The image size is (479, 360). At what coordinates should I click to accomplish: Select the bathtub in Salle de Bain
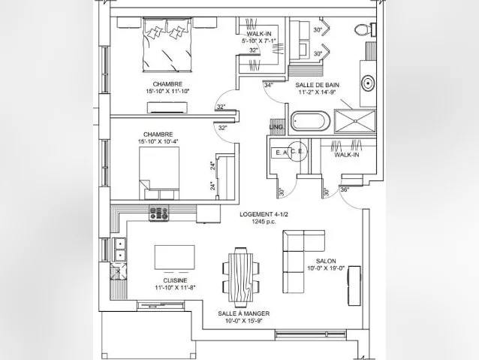(x=310, y=121)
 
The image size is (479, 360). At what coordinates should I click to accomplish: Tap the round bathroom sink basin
(x=368, y=83)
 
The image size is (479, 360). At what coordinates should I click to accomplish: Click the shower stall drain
(x=355, y=121)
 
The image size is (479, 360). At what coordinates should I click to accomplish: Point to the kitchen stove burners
(x=159, y=213)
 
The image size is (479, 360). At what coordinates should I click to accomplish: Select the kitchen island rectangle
(x=174, y=257)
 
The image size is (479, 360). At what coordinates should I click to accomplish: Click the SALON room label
(x=326, y=262)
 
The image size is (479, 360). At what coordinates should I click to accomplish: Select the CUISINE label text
(x=175, y=280)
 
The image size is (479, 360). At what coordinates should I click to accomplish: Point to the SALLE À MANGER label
(x=244, y=313)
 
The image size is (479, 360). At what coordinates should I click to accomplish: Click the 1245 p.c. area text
(x=264, y=222)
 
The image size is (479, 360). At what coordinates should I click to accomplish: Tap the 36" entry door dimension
(x=345, y=189)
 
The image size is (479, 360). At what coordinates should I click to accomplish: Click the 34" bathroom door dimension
(x=269, y=85)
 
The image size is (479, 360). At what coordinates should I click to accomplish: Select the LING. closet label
(x=277, y=127)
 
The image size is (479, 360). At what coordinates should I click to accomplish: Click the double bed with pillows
(x=167, y=45)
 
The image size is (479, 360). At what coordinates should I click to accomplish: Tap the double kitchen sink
(x=119, y=250)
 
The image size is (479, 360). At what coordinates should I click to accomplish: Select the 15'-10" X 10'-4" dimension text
(x=158, y=141)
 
